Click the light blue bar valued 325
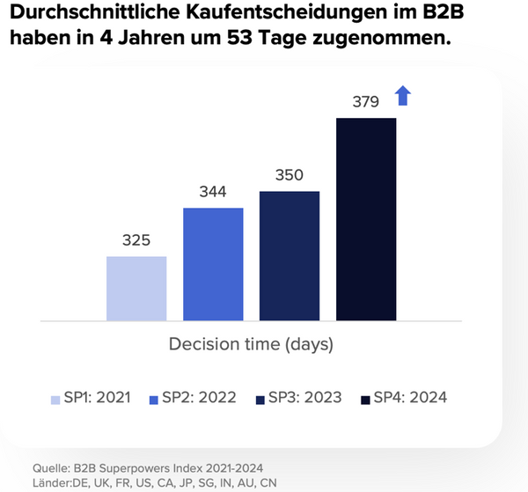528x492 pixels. [136, 288]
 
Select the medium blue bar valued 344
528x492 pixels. [213, 263]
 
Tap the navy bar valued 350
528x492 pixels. [290, 255]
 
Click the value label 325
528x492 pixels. [136, 239]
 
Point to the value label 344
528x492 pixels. [213, 191]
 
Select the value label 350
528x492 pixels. [290, 174]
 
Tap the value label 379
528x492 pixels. [364, 100]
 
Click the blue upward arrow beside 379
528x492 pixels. [402, 95]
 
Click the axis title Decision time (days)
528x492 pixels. [251, 343]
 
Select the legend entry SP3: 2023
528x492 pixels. [297, 397]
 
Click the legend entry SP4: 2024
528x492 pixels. [403, 397]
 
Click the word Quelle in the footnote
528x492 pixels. [51, 466]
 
